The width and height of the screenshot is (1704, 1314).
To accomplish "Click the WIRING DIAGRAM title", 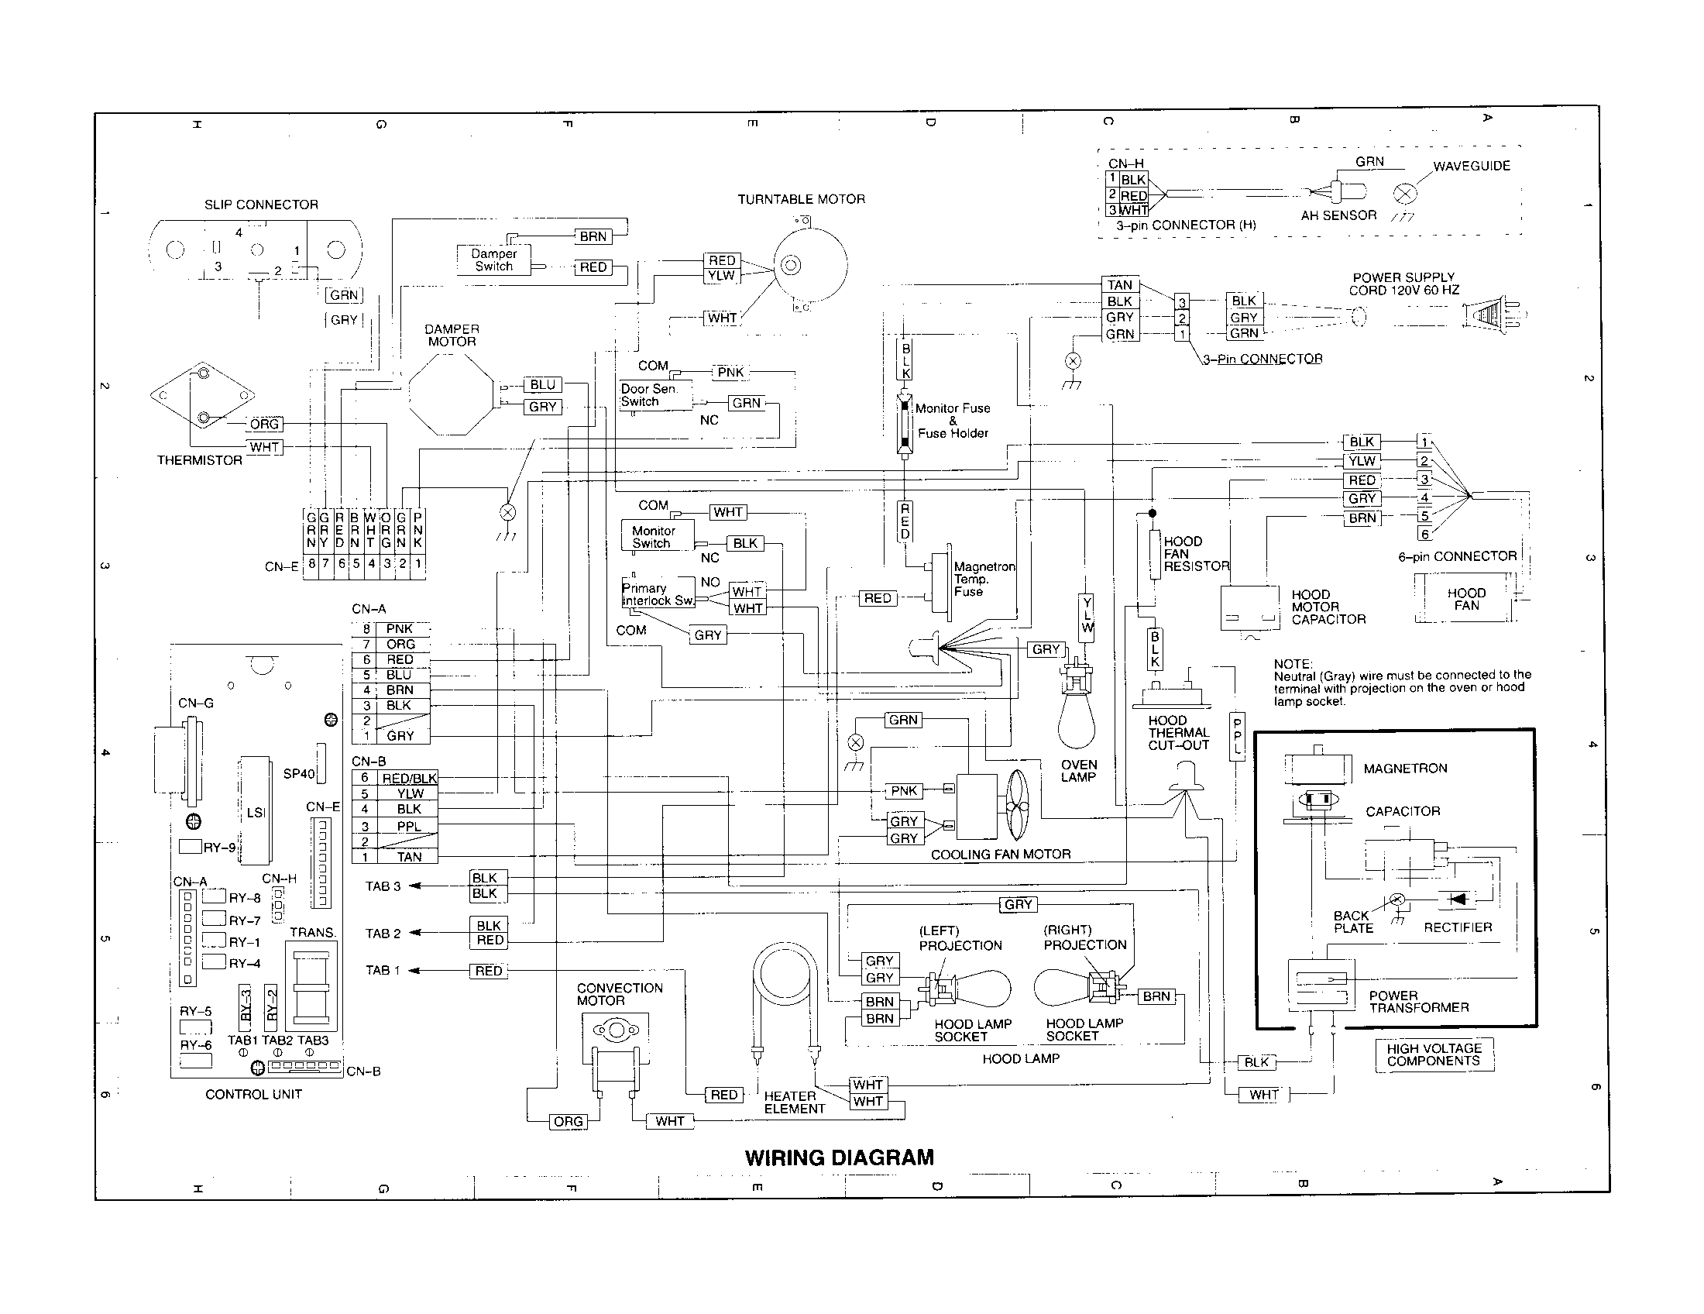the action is coord(839,1157).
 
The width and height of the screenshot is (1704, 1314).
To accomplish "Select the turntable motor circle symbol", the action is coord(810,265).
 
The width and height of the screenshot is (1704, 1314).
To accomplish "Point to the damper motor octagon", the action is coord(452,395).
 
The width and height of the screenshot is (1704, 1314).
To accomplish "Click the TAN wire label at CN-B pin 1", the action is coord(409,856).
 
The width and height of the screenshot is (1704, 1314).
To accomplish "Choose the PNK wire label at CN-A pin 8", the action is coord(400,628).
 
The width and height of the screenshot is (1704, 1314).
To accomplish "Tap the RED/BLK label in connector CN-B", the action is coord(409,778).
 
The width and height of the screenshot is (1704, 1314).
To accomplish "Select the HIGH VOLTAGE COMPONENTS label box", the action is coord(1433,1054).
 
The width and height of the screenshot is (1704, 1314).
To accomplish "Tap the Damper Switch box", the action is coord(493,260).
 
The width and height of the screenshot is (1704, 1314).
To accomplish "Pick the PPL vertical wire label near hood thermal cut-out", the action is coord(1237,737).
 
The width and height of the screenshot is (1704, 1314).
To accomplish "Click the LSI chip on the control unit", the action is coord(255,810).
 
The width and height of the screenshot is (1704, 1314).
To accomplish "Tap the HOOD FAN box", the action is coord(1465,599).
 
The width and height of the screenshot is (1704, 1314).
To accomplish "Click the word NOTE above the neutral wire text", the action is coord(1293,663).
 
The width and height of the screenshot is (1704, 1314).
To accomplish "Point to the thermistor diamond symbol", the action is coord(202,396).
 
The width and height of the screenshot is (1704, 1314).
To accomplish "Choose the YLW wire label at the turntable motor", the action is coord(721,276).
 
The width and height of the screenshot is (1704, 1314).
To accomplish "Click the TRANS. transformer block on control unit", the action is coord(311,986).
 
